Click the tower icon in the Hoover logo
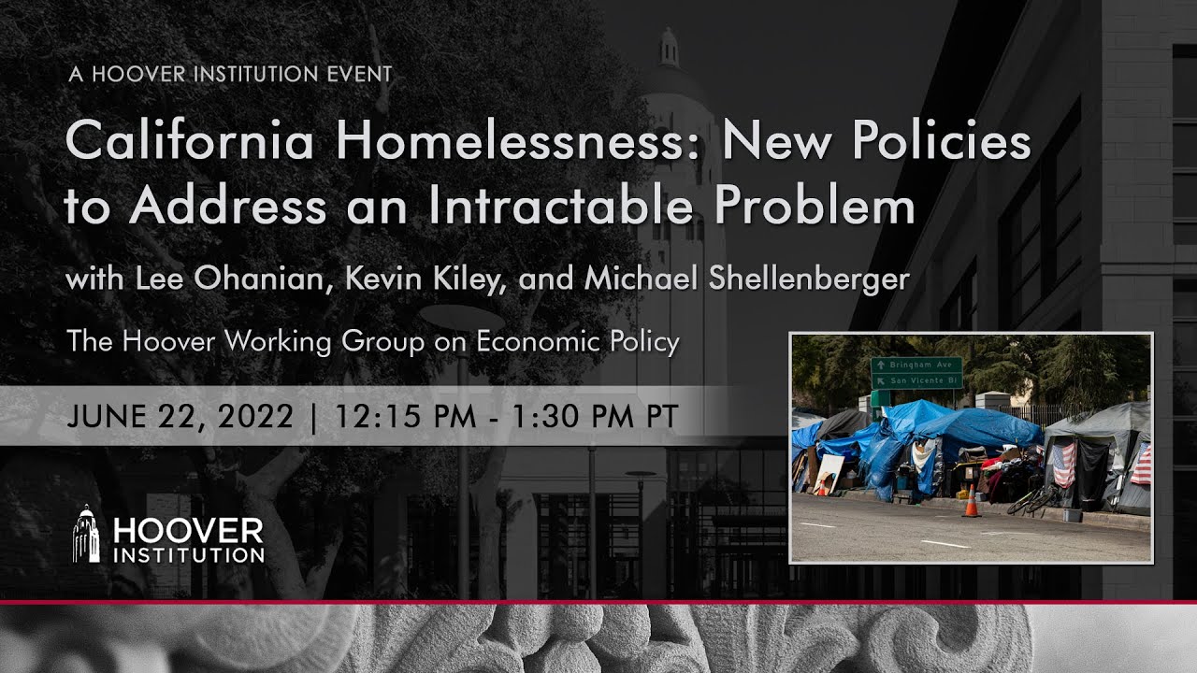[x=86, y=535]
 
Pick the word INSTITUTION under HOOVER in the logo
[x=189, y=555]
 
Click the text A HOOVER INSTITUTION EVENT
[x=230, y=74]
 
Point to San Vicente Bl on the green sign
[x=917, y=380]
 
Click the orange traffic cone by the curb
[x=971, y=502]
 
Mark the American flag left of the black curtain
[x=1063, y=465]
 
